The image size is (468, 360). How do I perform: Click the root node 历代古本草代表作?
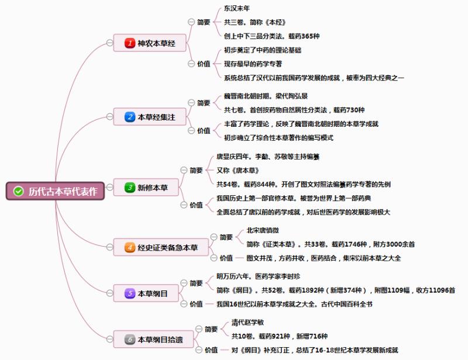56,191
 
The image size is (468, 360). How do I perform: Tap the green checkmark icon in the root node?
18,191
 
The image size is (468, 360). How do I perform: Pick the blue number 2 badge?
130,117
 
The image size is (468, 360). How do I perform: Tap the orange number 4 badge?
130,247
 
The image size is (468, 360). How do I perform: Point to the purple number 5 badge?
130,293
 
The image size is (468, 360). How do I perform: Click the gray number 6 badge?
130,338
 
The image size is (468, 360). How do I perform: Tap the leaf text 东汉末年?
237,9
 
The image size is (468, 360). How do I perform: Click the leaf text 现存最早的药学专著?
253,64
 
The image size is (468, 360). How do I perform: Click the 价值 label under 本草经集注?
204,131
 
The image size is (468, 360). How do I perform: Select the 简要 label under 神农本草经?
204,22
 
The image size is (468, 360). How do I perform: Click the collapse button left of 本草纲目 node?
110,293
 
